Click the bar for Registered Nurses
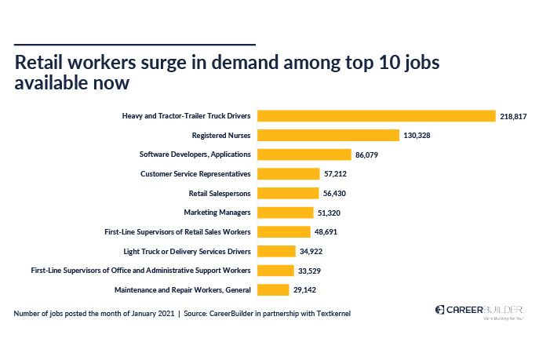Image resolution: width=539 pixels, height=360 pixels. tap(329, 135)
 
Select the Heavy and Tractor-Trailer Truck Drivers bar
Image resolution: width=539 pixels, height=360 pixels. tap(377, 116)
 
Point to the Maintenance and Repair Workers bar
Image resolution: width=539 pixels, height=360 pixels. tap(274, 289)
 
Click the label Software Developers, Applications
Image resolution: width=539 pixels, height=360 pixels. tap(195, 155)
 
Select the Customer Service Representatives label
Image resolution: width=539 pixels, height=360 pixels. tap(195, 174)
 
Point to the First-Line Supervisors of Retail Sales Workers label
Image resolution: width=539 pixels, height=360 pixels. tap(177, 232)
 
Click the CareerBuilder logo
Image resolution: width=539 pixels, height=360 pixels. tap(476, 311)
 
